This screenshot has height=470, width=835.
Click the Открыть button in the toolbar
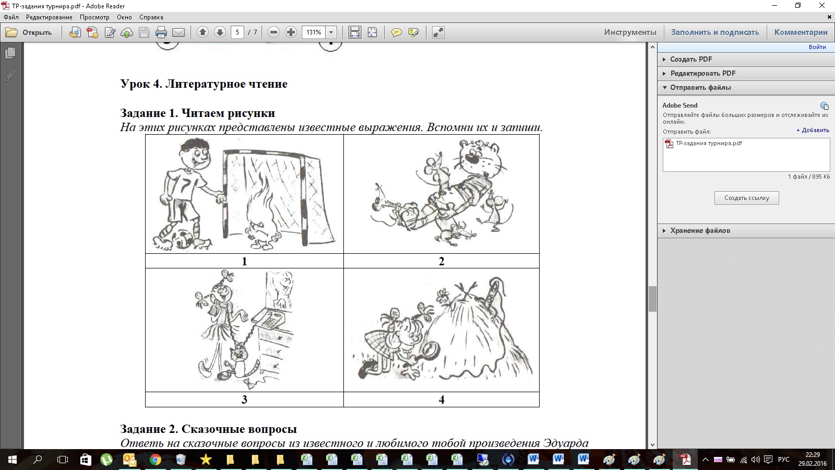(29, 32)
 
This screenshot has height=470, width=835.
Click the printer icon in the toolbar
(161, 32)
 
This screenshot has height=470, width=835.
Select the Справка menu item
(151, 17)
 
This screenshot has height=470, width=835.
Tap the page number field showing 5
(237, 32)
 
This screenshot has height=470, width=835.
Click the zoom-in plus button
(291, 32)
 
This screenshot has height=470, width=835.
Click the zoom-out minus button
(273, 32)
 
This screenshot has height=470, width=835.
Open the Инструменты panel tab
(630, 32)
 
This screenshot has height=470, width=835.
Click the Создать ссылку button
(747, 198)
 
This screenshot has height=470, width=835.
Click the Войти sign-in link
(817, 47)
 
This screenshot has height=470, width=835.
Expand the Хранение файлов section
(700, 230)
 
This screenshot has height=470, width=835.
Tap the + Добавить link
(813, 130)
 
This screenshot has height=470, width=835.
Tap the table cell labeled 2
(442, 261)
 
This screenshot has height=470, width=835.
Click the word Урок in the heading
(135, 84)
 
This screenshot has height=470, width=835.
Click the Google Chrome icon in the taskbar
(156, 460)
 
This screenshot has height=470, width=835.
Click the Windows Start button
(13, 460)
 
